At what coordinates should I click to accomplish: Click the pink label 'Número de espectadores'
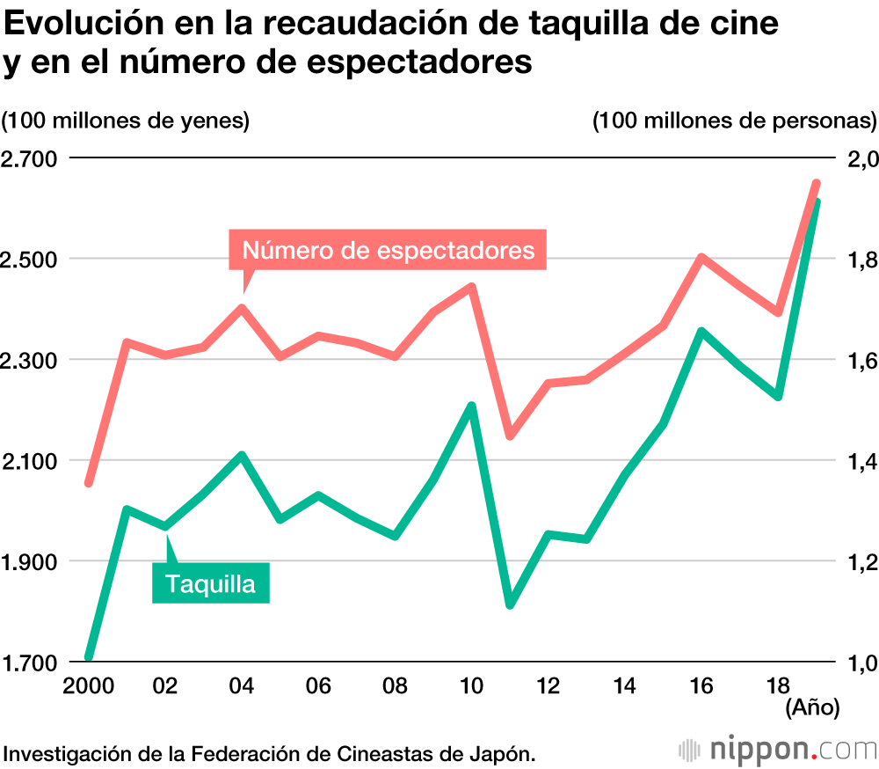click(388, 250)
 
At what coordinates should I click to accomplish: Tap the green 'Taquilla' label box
click(211, 583)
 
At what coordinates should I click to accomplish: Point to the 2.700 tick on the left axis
click(29, 159)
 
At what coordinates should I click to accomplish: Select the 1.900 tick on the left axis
click(29, 562)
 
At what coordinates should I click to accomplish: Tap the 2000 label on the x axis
click(88, 685)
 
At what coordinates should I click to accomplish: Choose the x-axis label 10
click(471, 685)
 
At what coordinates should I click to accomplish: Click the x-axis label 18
click(777, 685)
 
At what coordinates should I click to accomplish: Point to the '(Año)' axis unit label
click(812, 706)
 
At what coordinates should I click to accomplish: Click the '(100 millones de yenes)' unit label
click(126, 121)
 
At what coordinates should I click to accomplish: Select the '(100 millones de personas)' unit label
click(735, 121)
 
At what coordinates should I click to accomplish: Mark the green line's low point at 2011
click(510, 604)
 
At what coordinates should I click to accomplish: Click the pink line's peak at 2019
click(816, 183)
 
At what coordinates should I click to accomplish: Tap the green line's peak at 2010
click(471, 406)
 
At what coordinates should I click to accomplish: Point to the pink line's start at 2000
click(89, 482)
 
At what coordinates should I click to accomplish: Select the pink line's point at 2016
click(701, 258)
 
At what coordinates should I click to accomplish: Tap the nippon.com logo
click(777, 751)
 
